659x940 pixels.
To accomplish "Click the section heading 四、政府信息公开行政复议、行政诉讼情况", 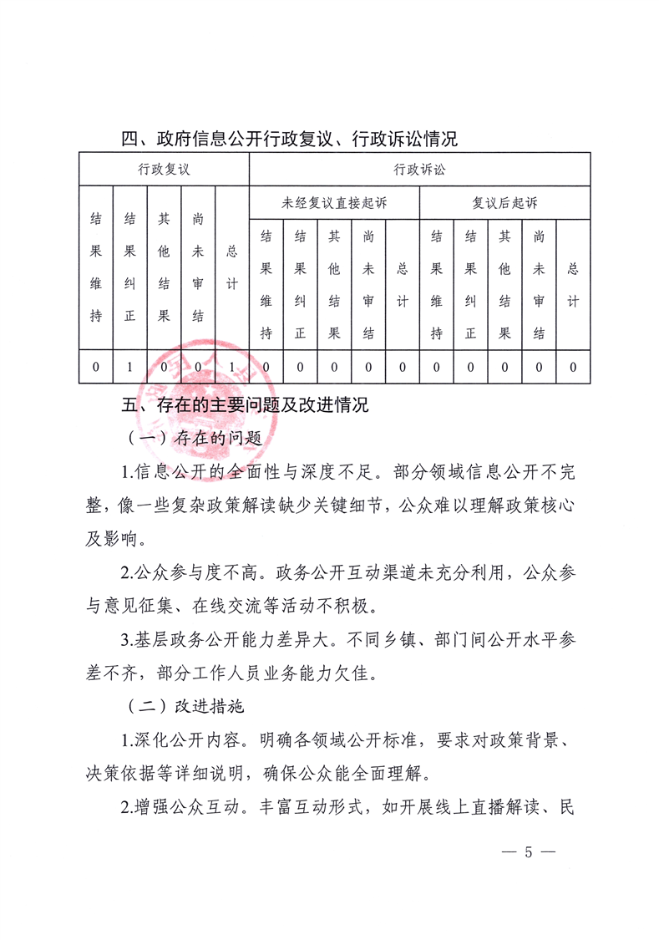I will point(289,139).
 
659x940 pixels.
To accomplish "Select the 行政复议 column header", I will point(164,169).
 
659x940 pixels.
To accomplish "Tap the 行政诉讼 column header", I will point(419,169).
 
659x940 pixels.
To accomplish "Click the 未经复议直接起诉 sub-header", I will point(334,203).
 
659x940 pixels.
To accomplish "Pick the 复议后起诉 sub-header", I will point(504,203).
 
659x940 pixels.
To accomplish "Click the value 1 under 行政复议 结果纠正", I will point(129,367).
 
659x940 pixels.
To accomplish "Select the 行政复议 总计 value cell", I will point(231,367).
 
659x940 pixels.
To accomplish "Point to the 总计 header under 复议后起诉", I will point(573,284).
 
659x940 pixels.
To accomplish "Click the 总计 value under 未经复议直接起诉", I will point(402,367).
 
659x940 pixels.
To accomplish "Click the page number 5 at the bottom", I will point(527,852).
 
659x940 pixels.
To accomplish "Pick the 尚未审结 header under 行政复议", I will point(198,267).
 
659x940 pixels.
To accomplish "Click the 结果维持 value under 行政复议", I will point(96,367).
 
